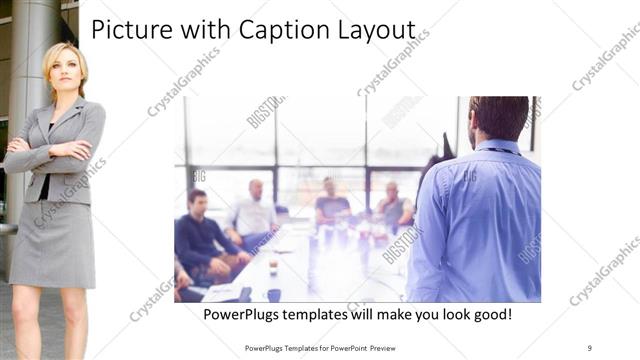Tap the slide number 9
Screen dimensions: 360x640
click(x=589, y=347)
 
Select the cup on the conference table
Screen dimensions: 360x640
click(x=273, y=267)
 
